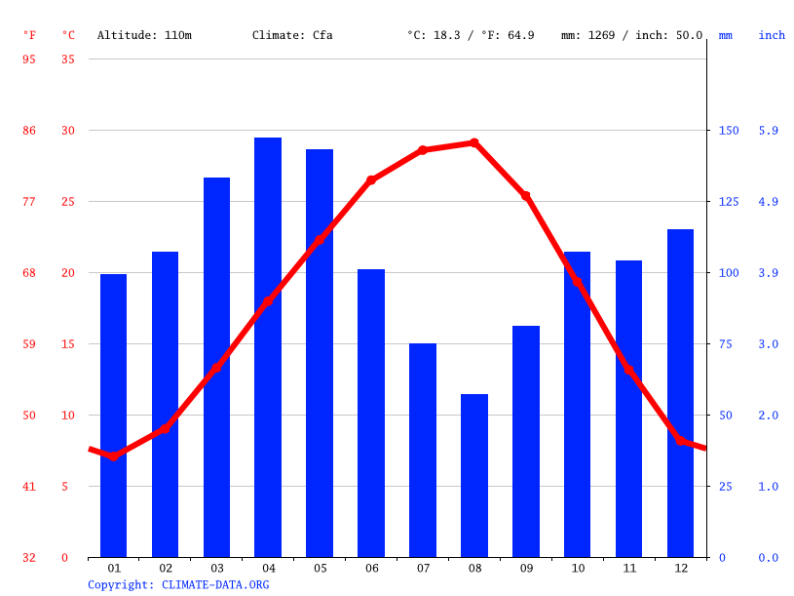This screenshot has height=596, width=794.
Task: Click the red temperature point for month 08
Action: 474,142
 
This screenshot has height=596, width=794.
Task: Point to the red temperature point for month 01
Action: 114,456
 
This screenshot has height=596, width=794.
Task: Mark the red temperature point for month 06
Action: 371,180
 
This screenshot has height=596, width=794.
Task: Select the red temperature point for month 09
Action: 526,196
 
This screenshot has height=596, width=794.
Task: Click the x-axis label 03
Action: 217,568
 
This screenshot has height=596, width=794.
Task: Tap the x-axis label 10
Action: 578,568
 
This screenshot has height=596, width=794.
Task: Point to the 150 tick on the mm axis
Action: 729,131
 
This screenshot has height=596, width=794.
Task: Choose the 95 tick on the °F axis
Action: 29,60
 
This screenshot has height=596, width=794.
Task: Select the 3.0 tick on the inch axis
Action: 769,344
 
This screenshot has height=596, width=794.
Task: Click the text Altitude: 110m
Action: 144,35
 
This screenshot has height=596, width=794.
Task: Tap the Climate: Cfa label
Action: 292,35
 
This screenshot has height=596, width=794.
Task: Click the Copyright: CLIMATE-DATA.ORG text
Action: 178,585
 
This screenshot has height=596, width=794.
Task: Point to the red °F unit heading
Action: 29,35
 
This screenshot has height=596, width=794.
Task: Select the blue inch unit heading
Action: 772,35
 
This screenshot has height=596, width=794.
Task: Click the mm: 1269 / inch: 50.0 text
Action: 631,35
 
